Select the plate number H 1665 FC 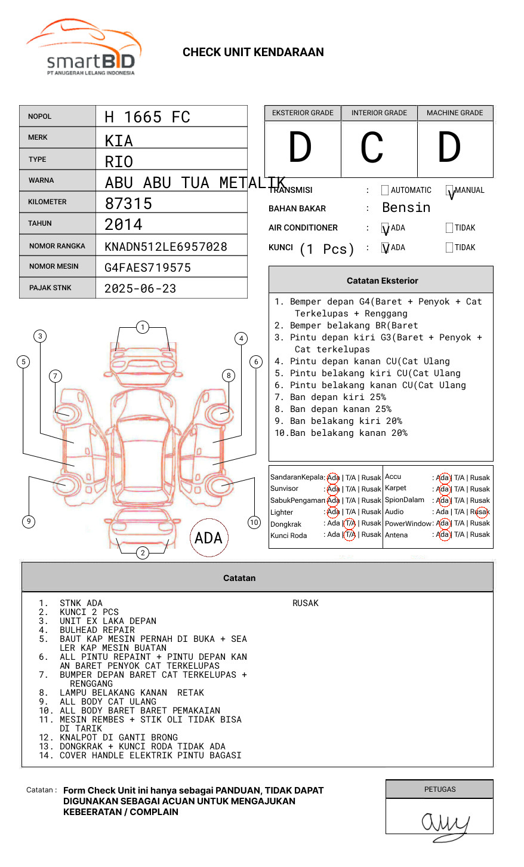click(147, 117)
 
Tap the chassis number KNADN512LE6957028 click(166, 247)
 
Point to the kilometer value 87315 click(128, 204)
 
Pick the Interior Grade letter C click(372, 148)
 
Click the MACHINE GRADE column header click(455, 113)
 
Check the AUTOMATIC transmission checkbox click(385, 190)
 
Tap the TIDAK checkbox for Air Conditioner click(449, 228)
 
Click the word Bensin click(406, 208)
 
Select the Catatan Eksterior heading click(382, 281)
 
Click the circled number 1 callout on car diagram click(142, 327)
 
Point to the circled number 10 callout click(254, 522)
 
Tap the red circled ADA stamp click(208, 538)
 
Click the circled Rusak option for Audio click(481, 512)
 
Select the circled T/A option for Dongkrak click(350, 523)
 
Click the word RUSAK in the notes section click(306, 603)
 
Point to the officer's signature click(445, 824)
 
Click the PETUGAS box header click(440, 789)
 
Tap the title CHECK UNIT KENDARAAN click(253, 53)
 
